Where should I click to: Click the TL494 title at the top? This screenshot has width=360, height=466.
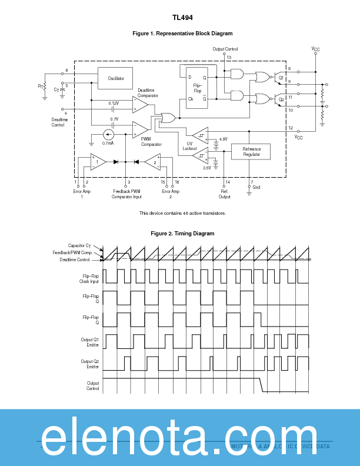pyautogui.click(x=182, y=18)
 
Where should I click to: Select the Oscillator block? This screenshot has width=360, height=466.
pyautogui.click(x=115, y=78)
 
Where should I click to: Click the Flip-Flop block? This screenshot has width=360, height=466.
pyautogui.click(x=197, y=88)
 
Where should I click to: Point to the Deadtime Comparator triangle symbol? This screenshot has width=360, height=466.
pyautogui.click(x=139, y=105)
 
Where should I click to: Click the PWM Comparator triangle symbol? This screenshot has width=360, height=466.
pyautogui.click(x=139, y=128)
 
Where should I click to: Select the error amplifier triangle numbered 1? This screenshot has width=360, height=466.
pyautogui.click(x=98, y=161)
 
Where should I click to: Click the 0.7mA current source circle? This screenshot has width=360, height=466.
pyautogui.click(x=108, y=134)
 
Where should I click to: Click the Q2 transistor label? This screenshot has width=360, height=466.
pyautogui.click(x=281, y=99)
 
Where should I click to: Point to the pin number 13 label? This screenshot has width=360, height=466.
pyautogui.click(x=229, y=57)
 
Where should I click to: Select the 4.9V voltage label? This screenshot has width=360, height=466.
pyautogui.click(x=223, y=139)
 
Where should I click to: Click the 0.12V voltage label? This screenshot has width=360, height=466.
pyautogui.click(x=114, y=103)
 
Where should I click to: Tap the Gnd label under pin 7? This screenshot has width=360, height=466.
pyautogui.click(x=256, y=187)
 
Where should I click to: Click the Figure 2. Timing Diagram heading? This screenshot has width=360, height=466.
pyautogui.click(x=182, y=234)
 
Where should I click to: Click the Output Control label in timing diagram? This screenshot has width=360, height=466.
pyautogui.click(x=93, y=385)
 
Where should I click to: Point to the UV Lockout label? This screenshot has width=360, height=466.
pyautogui.click(x=189, y=146)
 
